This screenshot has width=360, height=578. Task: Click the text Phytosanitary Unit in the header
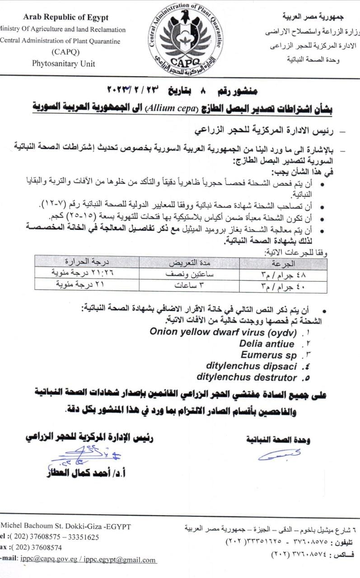coord(63,64)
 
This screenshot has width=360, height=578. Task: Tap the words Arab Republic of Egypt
coord(66,18)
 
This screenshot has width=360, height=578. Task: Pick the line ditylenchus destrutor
coord(247,377)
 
